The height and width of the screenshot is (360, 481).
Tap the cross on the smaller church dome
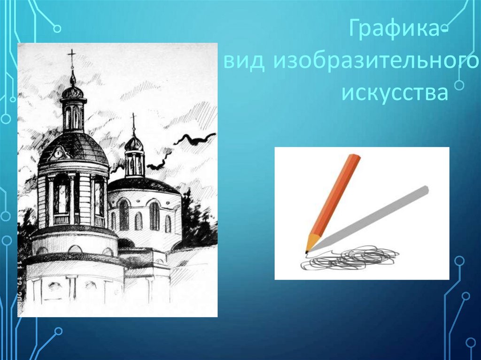(133, 120)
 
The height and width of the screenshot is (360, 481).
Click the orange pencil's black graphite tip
(306, 253)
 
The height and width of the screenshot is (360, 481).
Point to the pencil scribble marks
(349, 258)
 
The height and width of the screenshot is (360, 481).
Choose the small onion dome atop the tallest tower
(72, 90)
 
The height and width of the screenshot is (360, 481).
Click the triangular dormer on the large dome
(57, 153)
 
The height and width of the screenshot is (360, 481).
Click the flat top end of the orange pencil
(355, 156)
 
